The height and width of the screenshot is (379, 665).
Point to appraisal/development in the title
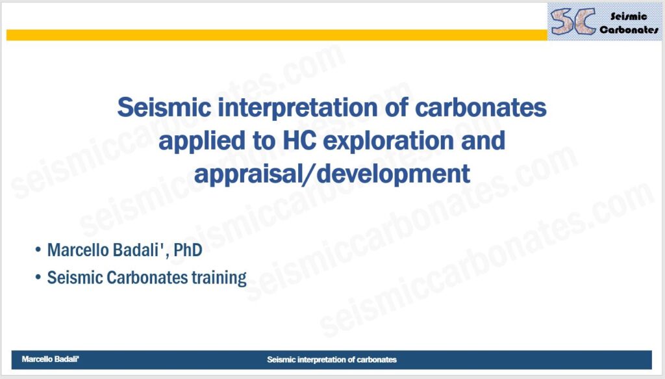tap(332, 174)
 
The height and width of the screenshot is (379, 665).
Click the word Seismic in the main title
tap(164, 107)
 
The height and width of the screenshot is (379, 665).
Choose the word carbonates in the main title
tap(481, 107)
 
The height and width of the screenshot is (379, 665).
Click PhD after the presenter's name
tap(188, 250)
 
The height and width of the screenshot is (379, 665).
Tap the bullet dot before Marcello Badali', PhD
tap(38, 250)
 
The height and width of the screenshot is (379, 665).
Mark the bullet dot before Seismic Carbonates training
tap(38, 278)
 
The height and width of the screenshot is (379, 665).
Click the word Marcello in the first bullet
tap(73, 250)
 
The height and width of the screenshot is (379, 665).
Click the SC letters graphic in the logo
tap(572, 21)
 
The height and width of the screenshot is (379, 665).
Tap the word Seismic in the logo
tap(629, 16)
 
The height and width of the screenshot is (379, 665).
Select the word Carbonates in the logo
tap(629, 29)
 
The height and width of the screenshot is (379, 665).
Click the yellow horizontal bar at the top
tap(277, 35)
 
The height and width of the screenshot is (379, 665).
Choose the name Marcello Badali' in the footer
tap(51, 359)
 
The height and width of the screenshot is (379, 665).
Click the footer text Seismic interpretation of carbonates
tap(332, 359)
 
